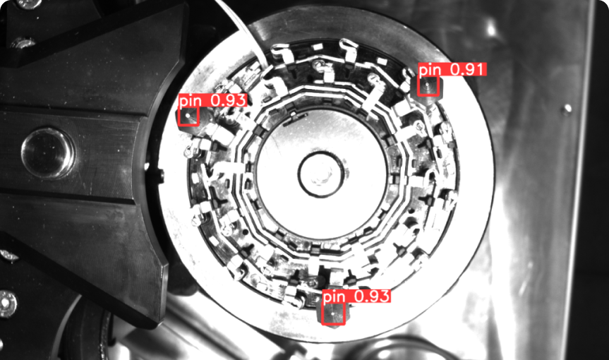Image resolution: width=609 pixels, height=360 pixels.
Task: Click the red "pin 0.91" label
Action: (452, 70)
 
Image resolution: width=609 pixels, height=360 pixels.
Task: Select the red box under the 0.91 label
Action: (428, 86)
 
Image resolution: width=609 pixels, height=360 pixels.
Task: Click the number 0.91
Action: (468, 70)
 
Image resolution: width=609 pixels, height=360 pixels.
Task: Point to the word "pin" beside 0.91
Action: (430, 71)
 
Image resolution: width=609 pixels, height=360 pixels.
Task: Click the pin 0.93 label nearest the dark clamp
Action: (212, 100)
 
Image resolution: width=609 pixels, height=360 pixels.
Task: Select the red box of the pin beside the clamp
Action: (188, 116)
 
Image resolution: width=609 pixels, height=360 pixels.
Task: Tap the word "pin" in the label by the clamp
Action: (191, 101)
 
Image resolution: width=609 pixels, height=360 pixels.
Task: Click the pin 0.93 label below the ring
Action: (356, 296)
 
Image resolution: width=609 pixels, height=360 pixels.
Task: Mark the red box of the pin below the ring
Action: (333, 313)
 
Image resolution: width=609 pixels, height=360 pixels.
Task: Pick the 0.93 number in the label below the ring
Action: (372, 296)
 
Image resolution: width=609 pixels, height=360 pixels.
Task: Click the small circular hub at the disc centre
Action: (321, 175)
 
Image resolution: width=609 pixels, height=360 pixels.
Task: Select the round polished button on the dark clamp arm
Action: (48, 152)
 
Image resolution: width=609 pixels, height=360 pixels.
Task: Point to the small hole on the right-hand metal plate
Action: (567, 108)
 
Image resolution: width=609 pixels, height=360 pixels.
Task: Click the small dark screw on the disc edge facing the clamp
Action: (161, 176)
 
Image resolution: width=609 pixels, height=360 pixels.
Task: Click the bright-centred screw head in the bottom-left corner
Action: (7, 304)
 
